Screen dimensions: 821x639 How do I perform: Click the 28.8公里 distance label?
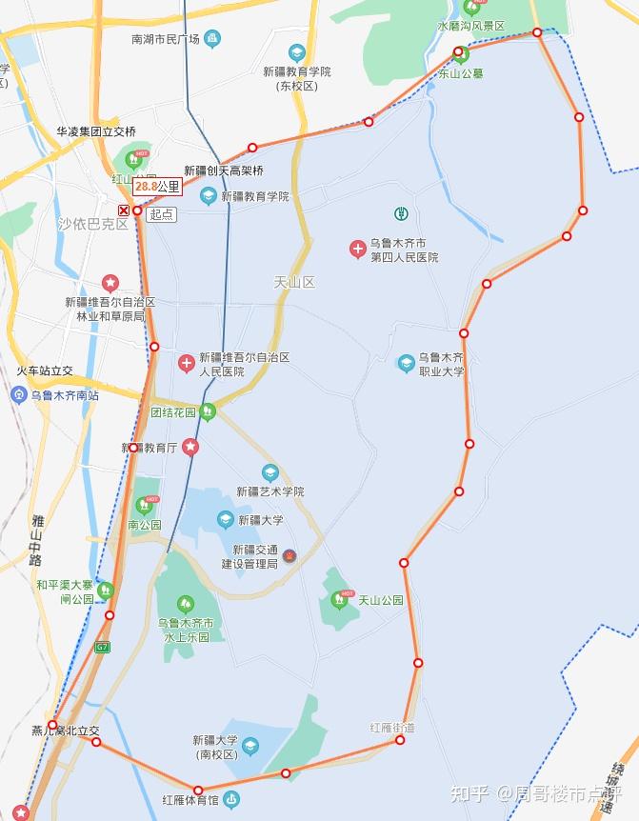(157, 187)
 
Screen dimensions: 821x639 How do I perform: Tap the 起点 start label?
(162, 214)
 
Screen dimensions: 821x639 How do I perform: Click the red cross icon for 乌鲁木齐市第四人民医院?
(357, 250)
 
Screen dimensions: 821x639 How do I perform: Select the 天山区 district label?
(293, 282)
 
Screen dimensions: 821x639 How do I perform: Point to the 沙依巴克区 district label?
(92, 225)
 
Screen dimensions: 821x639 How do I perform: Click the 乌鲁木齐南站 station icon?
(18, 394)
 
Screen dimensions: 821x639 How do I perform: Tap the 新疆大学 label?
(260, 520)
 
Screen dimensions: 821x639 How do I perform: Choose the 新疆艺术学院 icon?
(270, 472)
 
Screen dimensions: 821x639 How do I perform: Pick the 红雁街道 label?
(392, 728)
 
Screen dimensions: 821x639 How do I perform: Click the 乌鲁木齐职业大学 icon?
(407, 363)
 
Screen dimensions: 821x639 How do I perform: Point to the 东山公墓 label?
(461, 71)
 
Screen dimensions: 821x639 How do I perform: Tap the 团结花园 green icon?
(209, 411)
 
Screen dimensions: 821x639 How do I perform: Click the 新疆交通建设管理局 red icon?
(290, 556)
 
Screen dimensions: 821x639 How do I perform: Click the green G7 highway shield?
(102, 647)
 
